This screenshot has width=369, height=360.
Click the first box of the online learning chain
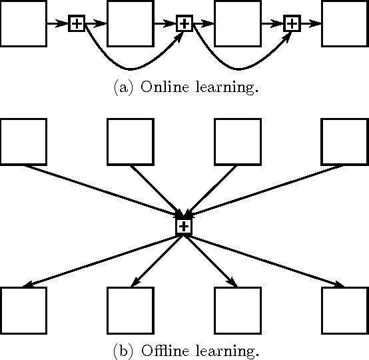pos(23,23)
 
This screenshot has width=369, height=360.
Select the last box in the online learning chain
pos(345,23)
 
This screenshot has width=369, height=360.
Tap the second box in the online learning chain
pos(131,23)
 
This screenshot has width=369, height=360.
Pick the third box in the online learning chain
pos(238,23)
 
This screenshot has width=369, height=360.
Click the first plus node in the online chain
pos(77,23)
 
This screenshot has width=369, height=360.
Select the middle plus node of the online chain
pos(184,23)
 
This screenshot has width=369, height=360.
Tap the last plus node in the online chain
pos(292,23)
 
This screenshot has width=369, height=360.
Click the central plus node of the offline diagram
pos(184,227)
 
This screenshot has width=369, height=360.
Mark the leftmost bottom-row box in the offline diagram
pos(23,310)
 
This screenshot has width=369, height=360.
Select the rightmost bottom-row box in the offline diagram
pos(345,310)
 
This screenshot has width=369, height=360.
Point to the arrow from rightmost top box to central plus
pos(266,189)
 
